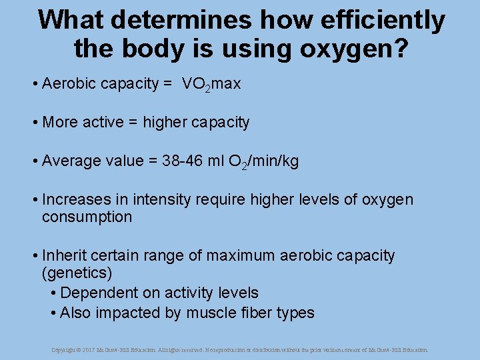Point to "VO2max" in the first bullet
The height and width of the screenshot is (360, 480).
pos(211,84)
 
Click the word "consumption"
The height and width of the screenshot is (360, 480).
pos(87,217)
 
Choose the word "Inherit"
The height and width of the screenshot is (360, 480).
pos(64,256)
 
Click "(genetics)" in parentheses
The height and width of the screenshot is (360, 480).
pos(77,273)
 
